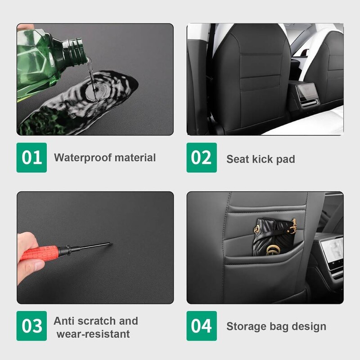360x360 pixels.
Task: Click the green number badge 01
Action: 31,157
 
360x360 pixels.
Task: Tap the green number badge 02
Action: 202,157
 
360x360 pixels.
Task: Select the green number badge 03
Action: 31,326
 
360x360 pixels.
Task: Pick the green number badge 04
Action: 202,326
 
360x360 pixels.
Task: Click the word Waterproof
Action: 83,158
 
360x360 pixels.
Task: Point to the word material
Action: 135,158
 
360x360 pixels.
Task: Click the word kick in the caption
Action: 263,159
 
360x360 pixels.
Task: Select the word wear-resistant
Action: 93,334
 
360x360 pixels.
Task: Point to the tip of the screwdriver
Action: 112,243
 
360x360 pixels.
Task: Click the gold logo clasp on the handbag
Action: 272,250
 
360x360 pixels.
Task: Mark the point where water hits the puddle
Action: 95,91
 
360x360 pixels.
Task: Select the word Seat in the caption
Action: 238,159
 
